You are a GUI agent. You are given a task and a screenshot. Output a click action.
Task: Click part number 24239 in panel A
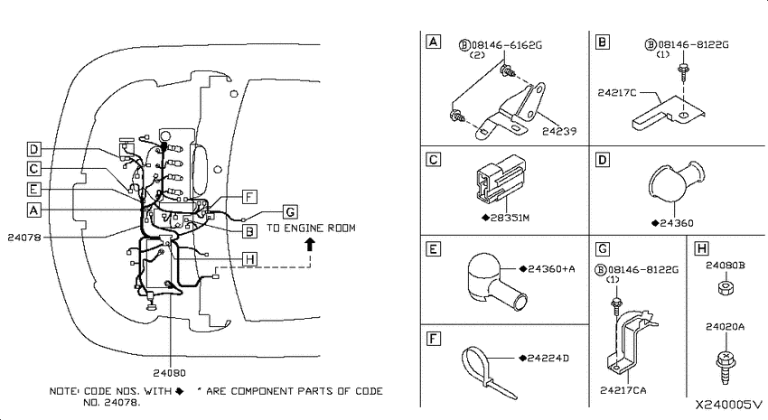pos(559,131)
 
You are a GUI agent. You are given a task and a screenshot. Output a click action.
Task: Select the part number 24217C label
pos(616,92)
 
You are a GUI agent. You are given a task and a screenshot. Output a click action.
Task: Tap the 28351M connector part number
pos(510,218)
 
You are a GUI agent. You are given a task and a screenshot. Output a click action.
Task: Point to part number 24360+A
pos(551,269)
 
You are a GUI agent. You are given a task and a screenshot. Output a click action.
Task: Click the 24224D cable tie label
pos(548,359)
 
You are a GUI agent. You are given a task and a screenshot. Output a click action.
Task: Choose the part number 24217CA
pos(623,390)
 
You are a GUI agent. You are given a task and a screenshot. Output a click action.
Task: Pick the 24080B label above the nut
pos(725,266)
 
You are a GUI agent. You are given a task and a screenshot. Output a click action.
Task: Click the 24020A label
pos(725,326)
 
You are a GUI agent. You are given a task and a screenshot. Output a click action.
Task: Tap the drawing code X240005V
pos(730,405)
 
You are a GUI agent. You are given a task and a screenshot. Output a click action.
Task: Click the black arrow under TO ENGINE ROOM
pos(310,245)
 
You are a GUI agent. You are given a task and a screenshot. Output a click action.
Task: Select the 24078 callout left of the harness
pos(24,238)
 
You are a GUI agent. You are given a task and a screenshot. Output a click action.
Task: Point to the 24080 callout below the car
pos(170,373)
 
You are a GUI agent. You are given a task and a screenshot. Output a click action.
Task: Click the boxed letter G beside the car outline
pos(290,212)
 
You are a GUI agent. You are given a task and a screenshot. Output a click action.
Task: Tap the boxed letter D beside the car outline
pos(33,149)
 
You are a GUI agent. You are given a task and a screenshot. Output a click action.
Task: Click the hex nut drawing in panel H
pos(725,288)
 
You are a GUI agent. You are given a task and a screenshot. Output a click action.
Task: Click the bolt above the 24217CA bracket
pos(615,307)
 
